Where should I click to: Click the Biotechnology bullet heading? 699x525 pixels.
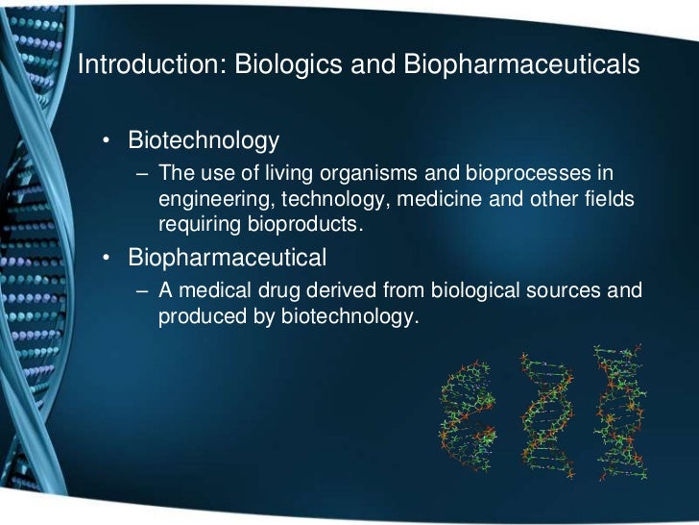(x=204, y=141)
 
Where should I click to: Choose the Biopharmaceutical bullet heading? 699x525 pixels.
(x=228, y=258)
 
